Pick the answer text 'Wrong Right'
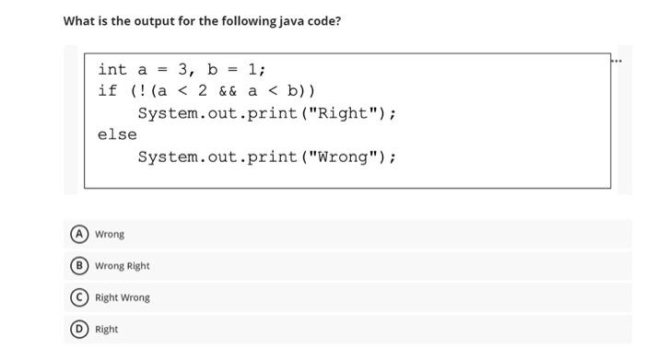click(123, 266)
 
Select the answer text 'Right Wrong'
click(123, 297)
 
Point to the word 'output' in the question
click(141, 20)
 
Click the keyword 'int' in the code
click(112, 69)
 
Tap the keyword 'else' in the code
click(117, 134)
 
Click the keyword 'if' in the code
click(107, 91)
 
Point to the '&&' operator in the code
click(229, 91)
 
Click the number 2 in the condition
click(203, 91)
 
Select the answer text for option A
click(110, 234)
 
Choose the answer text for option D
click(107, 329)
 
